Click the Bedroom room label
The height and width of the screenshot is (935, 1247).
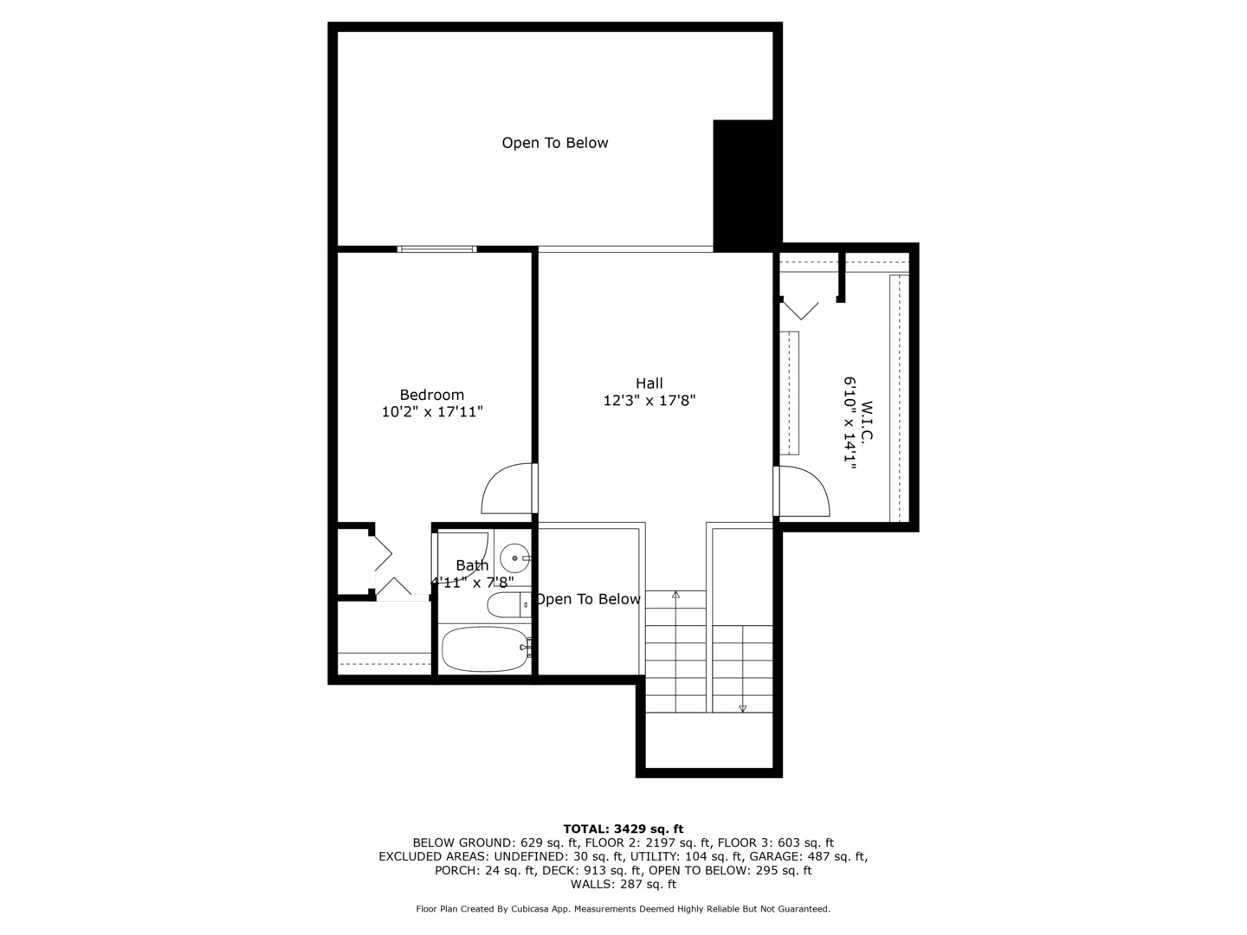431,395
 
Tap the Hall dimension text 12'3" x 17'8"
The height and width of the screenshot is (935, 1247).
649,401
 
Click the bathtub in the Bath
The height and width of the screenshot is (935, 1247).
484,648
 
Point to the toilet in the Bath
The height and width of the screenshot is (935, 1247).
507,604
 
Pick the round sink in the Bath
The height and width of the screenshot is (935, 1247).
514,558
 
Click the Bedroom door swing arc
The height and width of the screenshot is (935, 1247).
505,489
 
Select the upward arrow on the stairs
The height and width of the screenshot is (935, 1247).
675,596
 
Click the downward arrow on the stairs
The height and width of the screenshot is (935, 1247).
742,707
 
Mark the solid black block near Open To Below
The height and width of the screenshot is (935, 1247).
742,184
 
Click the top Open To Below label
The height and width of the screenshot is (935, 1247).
554,143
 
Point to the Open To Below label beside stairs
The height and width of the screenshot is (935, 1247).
588,599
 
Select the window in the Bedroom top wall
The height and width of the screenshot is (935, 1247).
436,249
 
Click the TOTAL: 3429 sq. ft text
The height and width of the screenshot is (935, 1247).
623,829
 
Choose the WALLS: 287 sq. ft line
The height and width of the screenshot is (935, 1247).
623,884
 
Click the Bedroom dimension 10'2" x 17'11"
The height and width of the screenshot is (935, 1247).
431,413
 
